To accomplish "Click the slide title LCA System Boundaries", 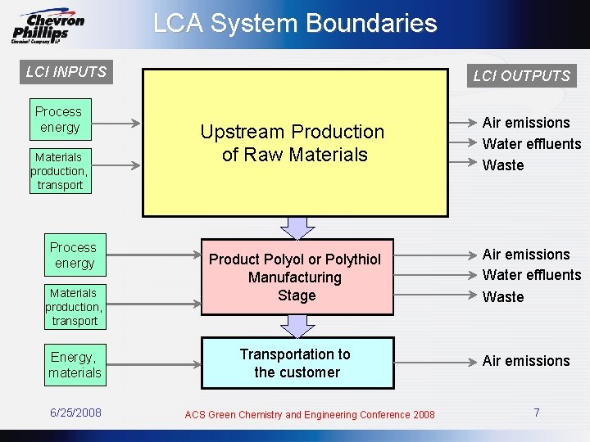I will pos(295,23).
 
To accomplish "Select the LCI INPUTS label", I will pos(66,72).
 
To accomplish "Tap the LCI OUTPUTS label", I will pos(521,76).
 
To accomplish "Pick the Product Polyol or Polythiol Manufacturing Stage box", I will pos(296,277).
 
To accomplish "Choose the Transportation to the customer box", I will pos(297,363).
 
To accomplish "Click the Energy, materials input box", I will pos(75,364).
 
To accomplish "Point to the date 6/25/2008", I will pos(75,413).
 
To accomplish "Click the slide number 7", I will pos(536,413).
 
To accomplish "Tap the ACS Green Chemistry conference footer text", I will pos(310,415).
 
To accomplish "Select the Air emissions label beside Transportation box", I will pos(525,361).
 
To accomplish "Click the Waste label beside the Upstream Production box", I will pos(503,165).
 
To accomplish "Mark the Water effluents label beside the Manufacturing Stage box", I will pos(531,275).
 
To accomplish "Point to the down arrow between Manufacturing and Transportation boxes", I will pos(298,326).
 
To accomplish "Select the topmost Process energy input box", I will pos(59,120).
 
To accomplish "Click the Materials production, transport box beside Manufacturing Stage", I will pos(75,307).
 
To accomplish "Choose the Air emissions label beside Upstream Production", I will pos(525,123).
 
